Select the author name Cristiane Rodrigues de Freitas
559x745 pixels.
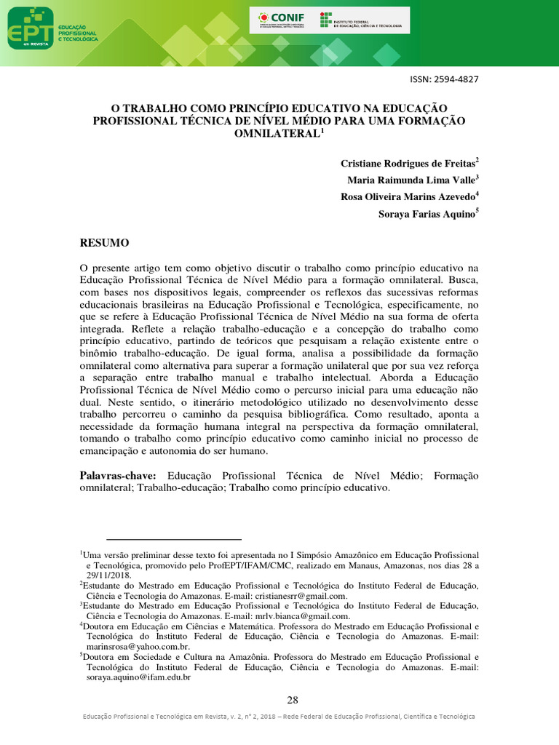click(x=408, y=162)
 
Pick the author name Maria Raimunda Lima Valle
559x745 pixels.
click(x=413, y=180)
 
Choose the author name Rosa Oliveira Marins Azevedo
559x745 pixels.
click(x=408, y=196)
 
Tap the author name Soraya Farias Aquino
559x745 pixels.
click(x=427, y=214)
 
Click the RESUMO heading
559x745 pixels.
click(x=104, y=242)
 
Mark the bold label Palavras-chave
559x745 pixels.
click(x=118, y=475)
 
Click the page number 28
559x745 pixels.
click(x=293, y=700)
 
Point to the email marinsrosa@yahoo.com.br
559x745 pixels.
click(x=138, y=647)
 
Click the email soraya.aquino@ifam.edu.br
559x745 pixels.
click(x=138, y=677)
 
